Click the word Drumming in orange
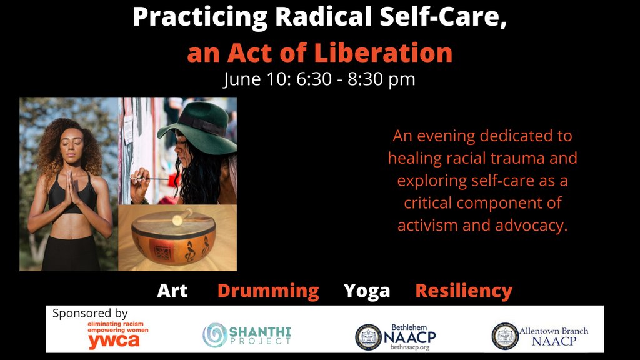click(x=267, y=291)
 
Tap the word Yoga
click(x=366, y=291)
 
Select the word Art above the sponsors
click(x=172, y=291)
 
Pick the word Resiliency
click(x=464, y=291)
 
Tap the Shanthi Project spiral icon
click(x=214, y=336)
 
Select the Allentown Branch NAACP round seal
click(x=504, y=336)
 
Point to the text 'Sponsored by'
click(x=90, y=313)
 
